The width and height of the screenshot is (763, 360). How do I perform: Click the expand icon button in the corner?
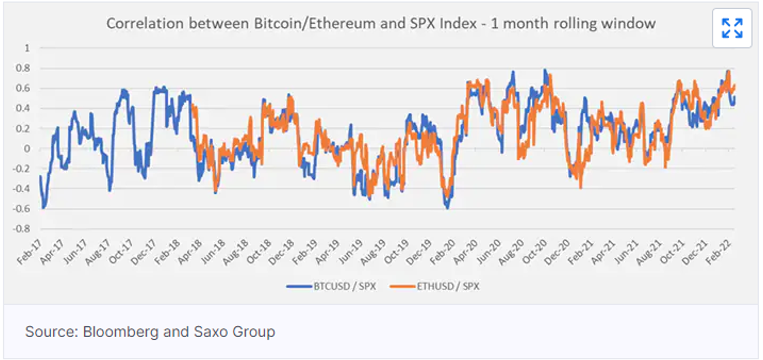(x=732, y=28)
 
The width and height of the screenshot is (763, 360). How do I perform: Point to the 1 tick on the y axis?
(x=27, y=48)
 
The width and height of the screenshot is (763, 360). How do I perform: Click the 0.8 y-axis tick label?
(x=23, y=68)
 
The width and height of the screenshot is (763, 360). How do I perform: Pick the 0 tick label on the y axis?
(x=27, y=149)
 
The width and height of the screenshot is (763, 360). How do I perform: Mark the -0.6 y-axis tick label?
(x=21, y=209)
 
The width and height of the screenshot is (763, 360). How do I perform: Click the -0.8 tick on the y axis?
(x=21, y=229)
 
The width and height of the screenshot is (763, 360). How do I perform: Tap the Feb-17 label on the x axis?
(x=29, y=252)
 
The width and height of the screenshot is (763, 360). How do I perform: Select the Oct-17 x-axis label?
(x=121, y=252)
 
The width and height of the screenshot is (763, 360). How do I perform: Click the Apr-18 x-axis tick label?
(x=190, y=252)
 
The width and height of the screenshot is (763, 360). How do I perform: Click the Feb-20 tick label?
(x=443, y=252)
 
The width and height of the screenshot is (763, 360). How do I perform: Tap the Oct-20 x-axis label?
(x=535, y=252)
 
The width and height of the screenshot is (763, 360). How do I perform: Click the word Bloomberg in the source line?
(x=120, y=332)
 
